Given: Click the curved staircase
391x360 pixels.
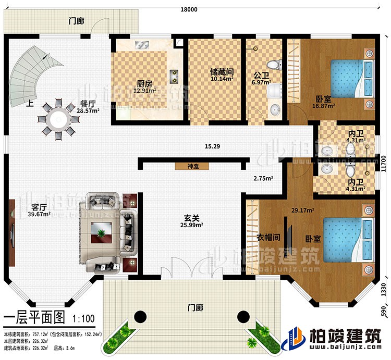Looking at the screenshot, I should (33, 73).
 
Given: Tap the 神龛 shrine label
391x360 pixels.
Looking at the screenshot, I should (191, 167).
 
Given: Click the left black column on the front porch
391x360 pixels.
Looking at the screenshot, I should (140, 316).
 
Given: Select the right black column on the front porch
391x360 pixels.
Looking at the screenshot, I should (243, 316).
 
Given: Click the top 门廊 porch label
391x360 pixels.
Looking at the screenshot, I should (77, 21).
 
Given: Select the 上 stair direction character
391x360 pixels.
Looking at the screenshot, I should (32, 103).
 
